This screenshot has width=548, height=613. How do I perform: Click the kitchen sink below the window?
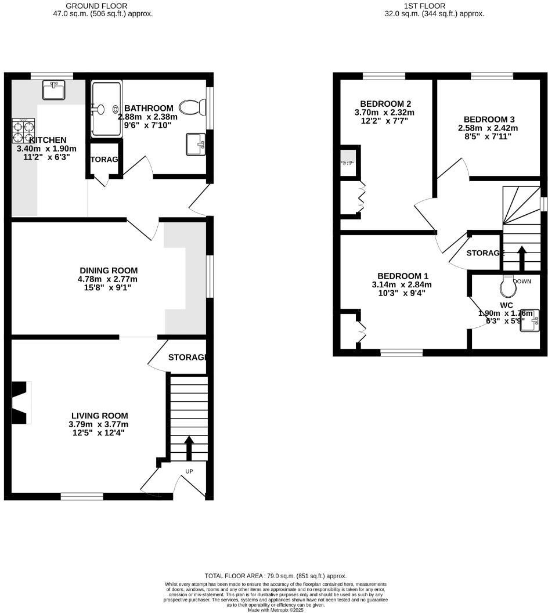(x=55, y=91)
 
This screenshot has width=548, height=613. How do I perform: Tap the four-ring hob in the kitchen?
(x=23, y=131)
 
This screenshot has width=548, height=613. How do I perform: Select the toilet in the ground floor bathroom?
(x=192, y=107)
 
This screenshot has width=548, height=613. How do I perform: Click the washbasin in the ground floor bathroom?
(x=196, y=144)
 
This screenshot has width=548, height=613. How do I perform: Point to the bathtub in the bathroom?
(x=106, y=109)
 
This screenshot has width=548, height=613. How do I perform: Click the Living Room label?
(x=99, y=416)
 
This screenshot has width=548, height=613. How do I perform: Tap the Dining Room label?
(x=109, y=270)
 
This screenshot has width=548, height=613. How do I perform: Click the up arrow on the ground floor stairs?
(x=189, y=448)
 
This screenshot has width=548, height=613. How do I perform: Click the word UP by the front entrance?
(x=189, y=471)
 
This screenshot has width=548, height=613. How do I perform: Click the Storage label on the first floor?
(x=485, y=253)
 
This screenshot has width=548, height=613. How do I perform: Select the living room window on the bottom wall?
(x=82, y=496)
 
